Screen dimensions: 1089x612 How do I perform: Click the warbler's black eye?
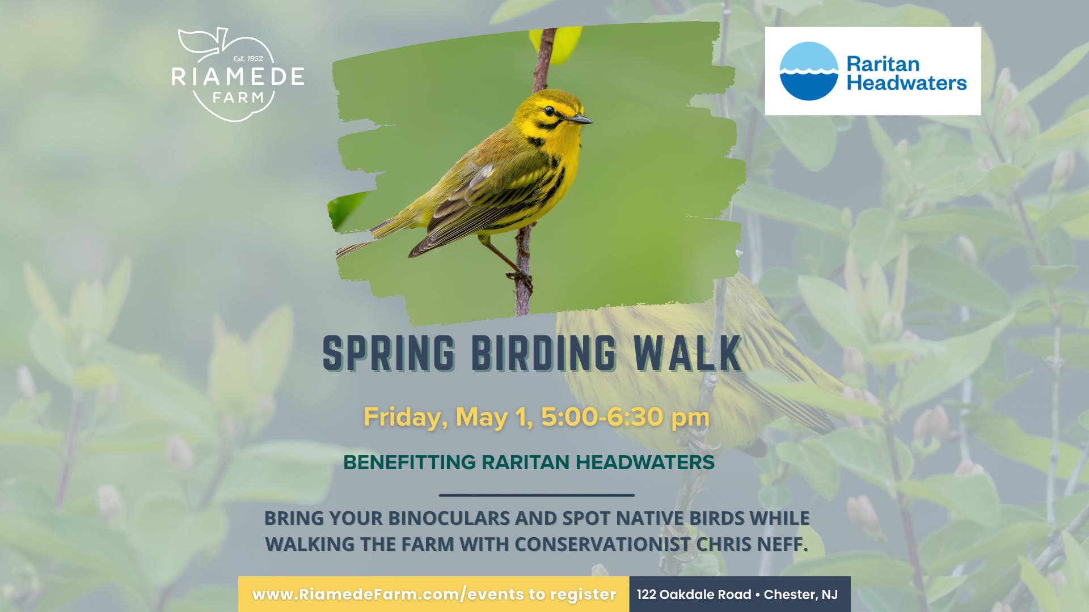[549, 110]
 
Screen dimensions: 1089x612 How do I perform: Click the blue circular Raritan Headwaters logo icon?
[808, 71]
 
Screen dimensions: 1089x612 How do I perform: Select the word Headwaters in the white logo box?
[906, 83]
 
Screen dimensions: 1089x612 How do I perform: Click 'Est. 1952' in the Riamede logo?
[248, 58]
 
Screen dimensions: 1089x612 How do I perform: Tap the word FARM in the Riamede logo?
[238, 97]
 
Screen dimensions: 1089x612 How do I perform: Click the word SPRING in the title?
[389, 353]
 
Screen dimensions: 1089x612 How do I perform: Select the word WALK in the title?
[687, 353]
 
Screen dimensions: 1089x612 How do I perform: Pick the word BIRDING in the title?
[544, 353]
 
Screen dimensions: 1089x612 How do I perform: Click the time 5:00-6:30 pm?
[625, 417]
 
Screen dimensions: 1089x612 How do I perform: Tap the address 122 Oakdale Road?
[694, 594]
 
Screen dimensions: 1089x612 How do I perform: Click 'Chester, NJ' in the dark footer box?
[801, 594]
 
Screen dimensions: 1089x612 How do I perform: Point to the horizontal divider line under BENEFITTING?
[537, 495]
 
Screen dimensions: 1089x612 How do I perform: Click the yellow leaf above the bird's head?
[556, 42]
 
